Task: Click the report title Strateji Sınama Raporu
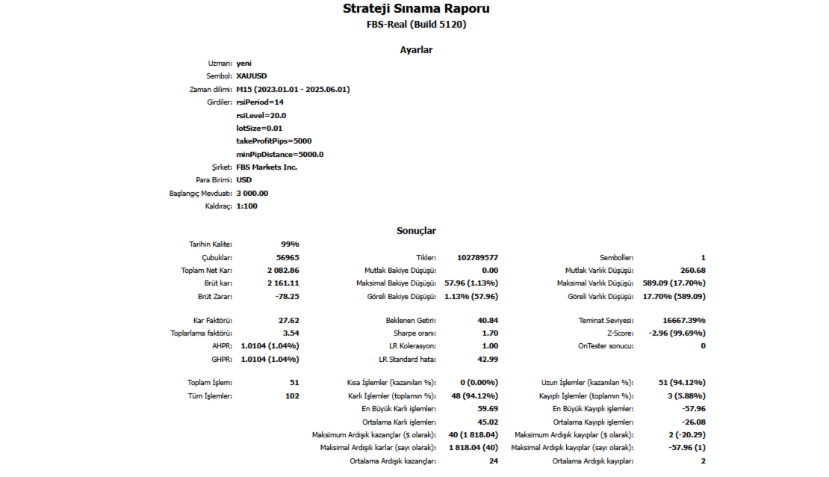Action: point(416,9)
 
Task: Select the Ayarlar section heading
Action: point(416,50)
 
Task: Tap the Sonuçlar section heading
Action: point(416,231)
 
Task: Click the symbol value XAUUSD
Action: point(252,76)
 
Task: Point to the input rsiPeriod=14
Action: point(260,102)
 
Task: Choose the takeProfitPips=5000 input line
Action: point(274,141)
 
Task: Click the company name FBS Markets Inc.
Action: point(267,167)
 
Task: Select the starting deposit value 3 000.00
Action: point(252,193)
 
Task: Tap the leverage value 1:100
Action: point(246,206)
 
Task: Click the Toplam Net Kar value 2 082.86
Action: point(283,271)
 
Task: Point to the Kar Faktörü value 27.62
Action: point(288,320)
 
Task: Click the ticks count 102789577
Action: point(477,258)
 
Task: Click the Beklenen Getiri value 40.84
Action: point(487,320)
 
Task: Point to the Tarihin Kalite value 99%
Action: point(290,244)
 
